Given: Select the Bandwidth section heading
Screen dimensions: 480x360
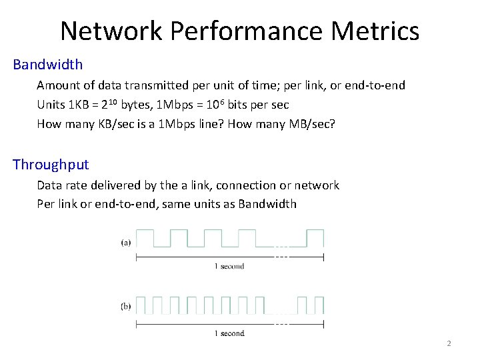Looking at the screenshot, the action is point(48,65).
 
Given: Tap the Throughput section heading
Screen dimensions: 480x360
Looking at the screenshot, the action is point(51,165).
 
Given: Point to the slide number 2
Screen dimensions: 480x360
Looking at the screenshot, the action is point(449,343).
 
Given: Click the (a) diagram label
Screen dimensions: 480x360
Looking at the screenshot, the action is point(125,243).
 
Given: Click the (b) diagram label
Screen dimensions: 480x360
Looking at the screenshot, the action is point(125,307).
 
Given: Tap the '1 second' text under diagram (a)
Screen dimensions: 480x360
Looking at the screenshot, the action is point(229,266).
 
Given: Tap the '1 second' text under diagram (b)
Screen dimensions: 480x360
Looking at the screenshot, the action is point(229,333).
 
